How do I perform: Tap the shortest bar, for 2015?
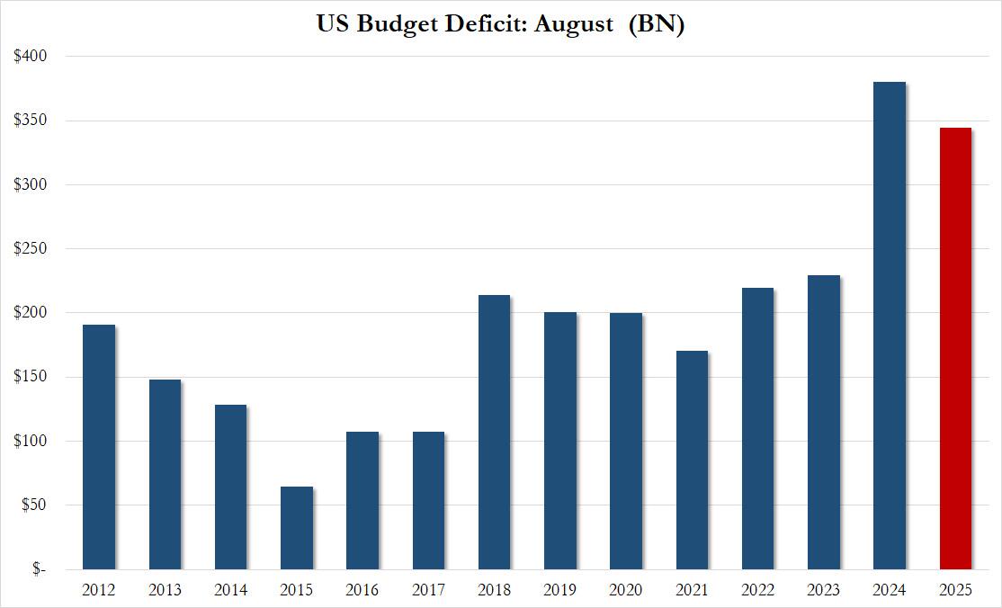[297, 528]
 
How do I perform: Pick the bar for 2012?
[99, 447]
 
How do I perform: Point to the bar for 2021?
[692, 460]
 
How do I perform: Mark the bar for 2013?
[165, 474]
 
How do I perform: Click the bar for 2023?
[823, 423]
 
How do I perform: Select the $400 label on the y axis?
[31, 56]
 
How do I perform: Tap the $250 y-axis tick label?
[31, 249]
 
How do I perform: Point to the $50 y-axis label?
[33, 505]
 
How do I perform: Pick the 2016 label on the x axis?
[362, 591]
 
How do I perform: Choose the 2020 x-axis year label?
[626, 591]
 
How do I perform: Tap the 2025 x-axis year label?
[955, 591]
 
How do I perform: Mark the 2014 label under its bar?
[231, 591]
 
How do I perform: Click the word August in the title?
[573, 24]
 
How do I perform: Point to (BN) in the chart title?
[656, 24]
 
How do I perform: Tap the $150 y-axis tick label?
[31, 378]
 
